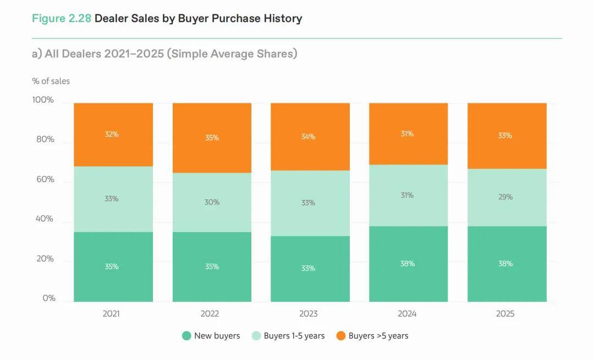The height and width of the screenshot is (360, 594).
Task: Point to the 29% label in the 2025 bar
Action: (x=505, y=197)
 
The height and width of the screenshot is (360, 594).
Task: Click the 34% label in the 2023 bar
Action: (x=308, y=137)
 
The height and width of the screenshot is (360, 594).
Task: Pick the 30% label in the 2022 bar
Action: (x=212, y=202)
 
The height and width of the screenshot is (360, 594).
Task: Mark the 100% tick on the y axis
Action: (x=43, y=100)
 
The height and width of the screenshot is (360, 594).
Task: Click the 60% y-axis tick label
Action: (x=45, y=179)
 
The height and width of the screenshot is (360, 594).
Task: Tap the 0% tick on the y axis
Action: (x=49, y=298)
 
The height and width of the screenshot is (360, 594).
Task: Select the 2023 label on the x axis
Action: (x=308, y=314)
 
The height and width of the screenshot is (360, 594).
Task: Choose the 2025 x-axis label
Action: (x=505, y=314)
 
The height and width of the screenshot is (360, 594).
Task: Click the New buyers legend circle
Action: (x=186, y=336)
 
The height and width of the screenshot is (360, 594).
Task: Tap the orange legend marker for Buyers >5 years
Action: (x=341, y=336)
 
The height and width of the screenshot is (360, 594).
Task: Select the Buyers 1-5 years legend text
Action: (x=294, y=336)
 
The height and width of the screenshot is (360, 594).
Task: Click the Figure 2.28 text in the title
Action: (x=61, y=18)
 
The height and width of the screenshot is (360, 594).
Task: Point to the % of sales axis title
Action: (x=51, y=81)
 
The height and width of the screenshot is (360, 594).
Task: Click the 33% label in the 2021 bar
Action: (x=111, y=198)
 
